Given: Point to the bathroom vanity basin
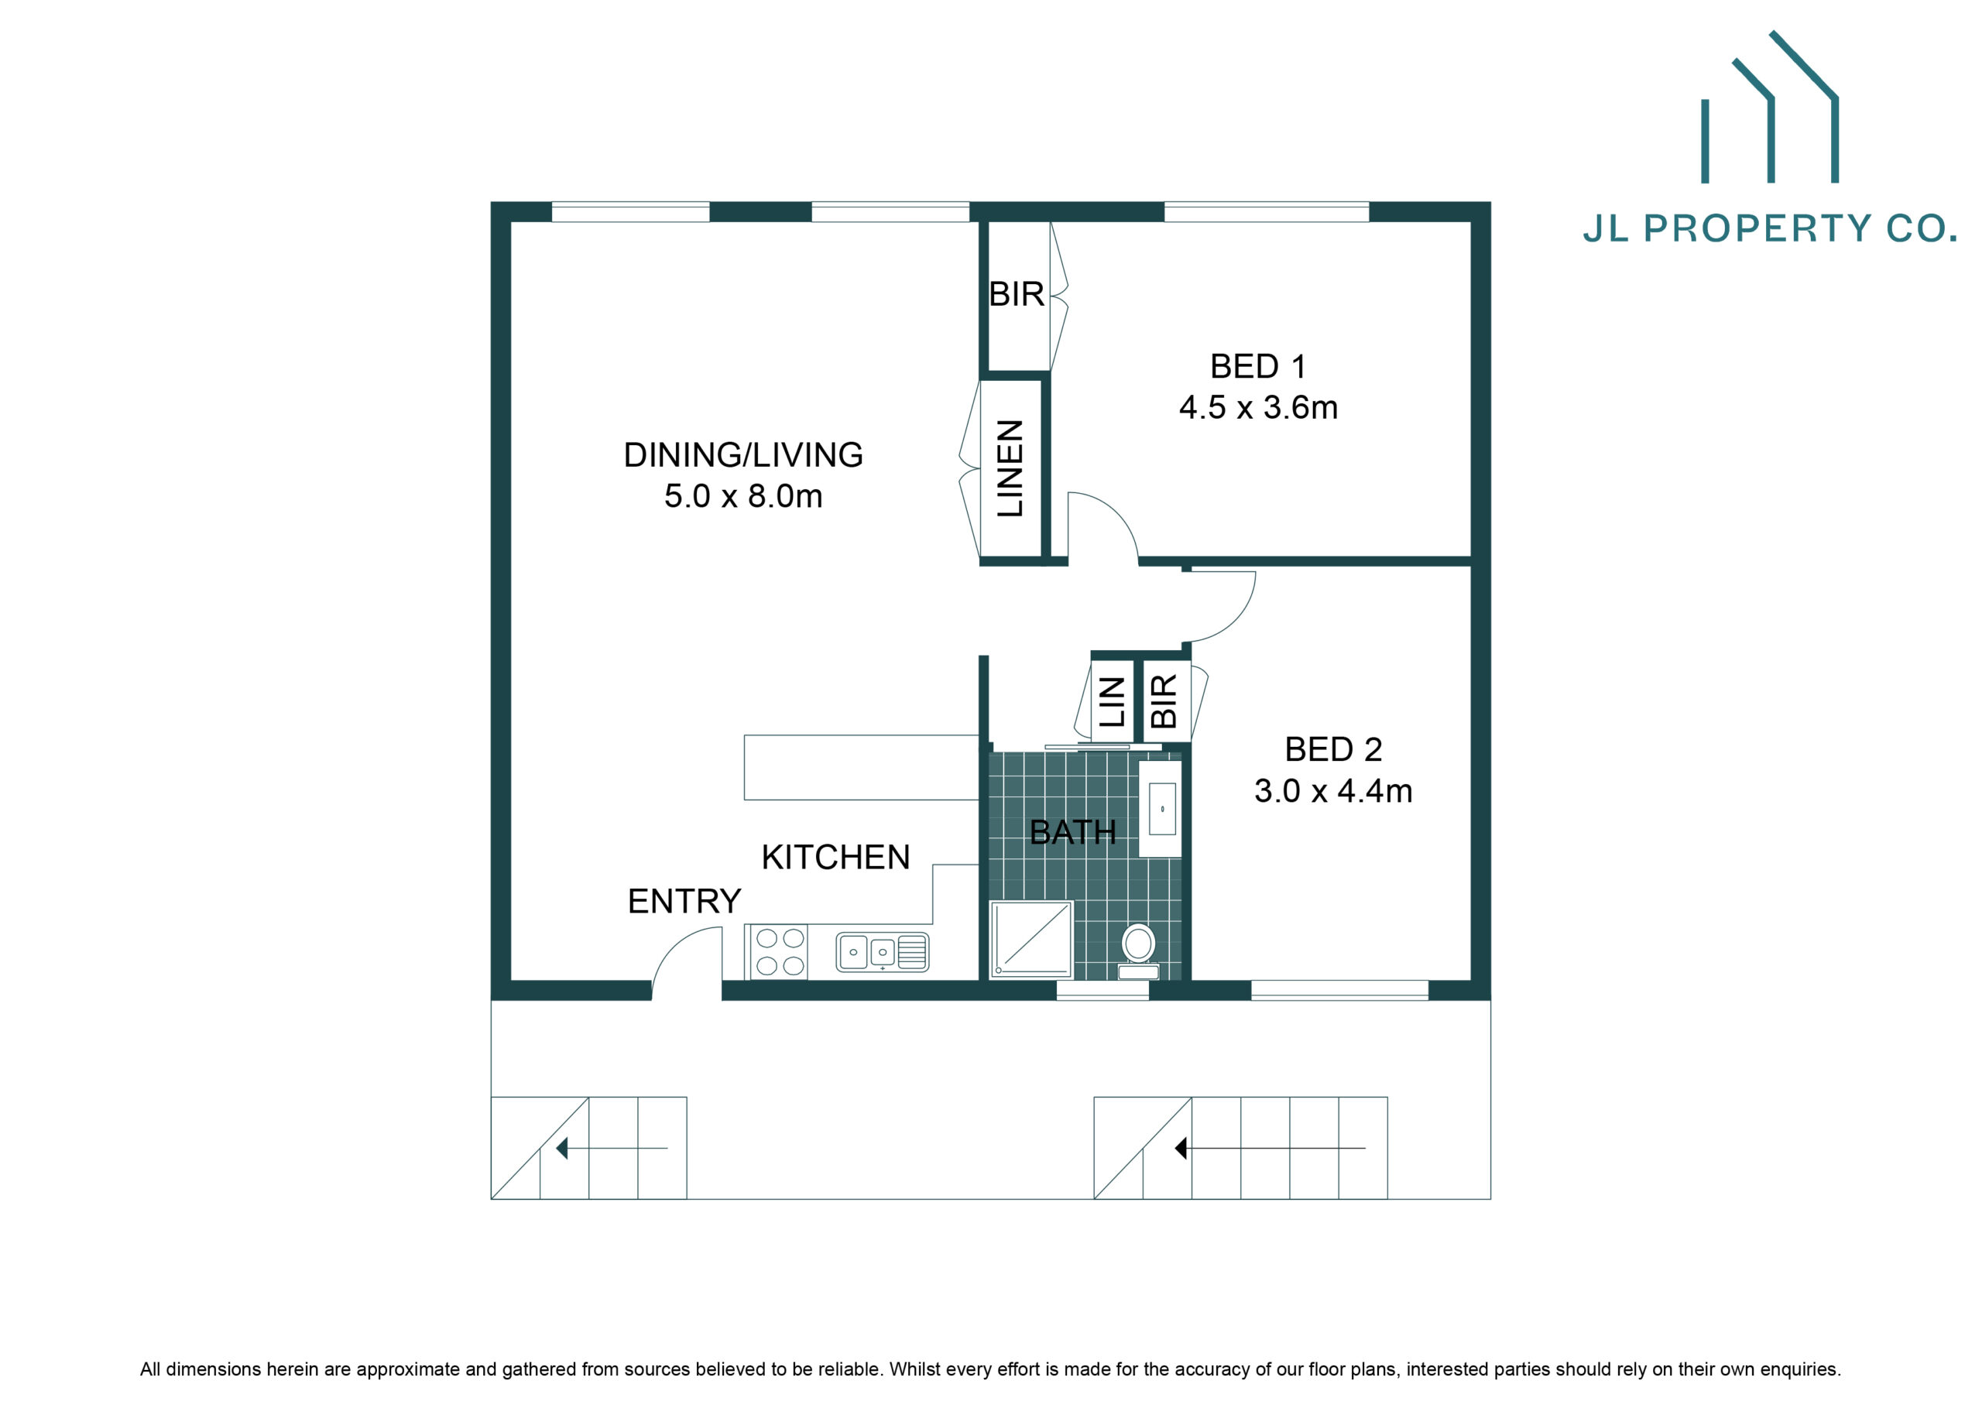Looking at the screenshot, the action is [1162, 808].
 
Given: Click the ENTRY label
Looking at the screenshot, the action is [684, 901].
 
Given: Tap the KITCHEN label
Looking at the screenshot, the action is [835, 857].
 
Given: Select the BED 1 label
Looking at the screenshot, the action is [1258, 366].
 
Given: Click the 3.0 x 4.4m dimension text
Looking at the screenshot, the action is [1333, 791].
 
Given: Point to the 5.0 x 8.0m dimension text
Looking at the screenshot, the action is [743, 496].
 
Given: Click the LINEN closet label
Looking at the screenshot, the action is [1010, 469].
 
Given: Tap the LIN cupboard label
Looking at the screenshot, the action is [1112, 701].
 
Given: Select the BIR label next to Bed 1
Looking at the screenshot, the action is [1017, 294].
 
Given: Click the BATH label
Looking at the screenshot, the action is [1073, 832].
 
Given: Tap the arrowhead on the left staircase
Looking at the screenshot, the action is [561, 1148].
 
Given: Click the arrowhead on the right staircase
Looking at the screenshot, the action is [1181, 1148].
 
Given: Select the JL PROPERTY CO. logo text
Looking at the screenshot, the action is [1770, 228].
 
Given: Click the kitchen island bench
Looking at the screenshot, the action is [861, 767].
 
